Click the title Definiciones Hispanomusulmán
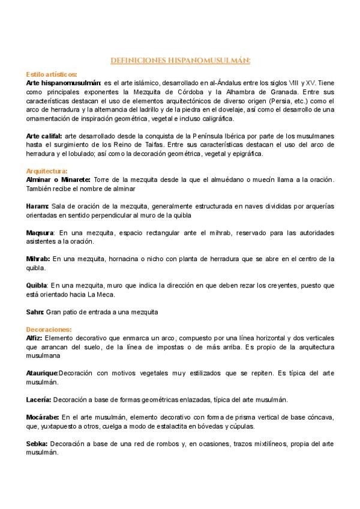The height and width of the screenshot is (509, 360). point(180,60)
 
